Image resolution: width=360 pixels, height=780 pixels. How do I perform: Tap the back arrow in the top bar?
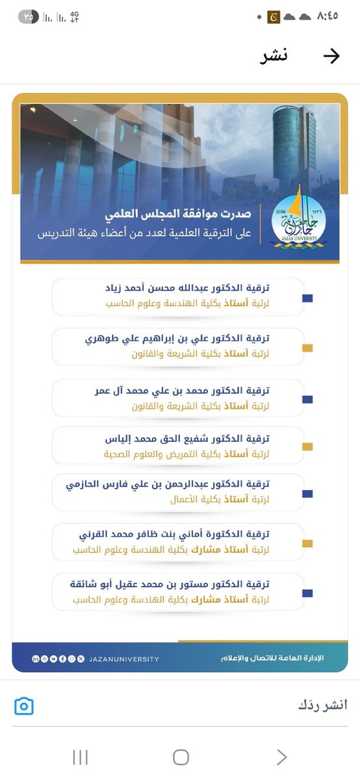point(331,57)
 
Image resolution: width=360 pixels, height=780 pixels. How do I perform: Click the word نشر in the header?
point(274,56)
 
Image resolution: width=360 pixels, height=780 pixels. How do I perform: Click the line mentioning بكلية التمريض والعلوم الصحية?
point(169,454)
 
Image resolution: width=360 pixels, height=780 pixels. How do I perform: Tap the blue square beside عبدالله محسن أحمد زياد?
point(308,298)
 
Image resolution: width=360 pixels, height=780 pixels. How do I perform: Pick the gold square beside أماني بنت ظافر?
point(308,543)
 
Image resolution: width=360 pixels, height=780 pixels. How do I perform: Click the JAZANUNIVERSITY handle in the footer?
point(123,659)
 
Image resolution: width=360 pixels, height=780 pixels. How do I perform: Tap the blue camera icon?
point(24,706)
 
